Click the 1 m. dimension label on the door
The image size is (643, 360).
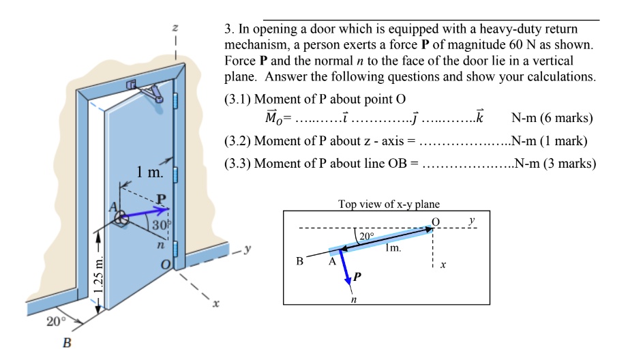pyautogui.click(x=148, y=173)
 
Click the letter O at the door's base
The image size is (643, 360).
pyautogui.click(x=164, y=264)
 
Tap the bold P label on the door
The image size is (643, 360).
pyautogui.click(x=161, y=198)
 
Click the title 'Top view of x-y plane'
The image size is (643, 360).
pyautogui.click(x=389, y=204)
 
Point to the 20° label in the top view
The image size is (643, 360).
pyautogui.click(x=367, y=238)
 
